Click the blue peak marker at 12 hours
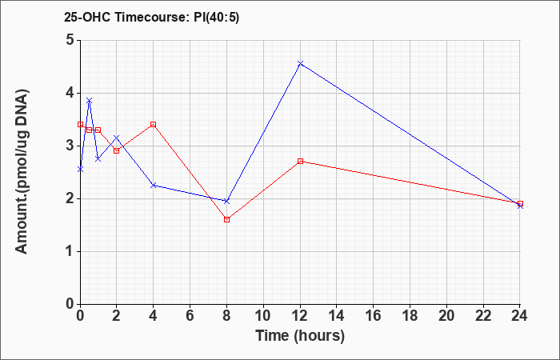tap(300, 63)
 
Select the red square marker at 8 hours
tap(226, 220)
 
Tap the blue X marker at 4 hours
tap(154, 185)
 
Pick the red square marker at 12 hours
tap(300, 162)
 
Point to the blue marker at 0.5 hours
tap(90, 100)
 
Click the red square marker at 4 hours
tap(154, 124)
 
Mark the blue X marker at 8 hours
tap(226, 202)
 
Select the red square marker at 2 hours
tap(117, 150)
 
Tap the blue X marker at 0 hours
tap(80, 170)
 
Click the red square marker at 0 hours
tap(80, 124)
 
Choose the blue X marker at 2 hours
tap(117, 138)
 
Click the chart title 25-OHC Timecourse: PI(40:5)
tap(152, 17)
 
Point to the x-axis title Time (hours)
tap(300, 336)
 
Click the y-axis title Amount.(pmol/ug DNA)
tap(22, 172)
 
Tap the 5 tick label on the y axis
tap(70, 40)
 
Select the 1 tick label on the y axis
tap(70, 251)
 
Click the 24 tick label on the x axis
tap(520, 316)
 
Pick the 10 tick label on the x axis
tap(263, 316)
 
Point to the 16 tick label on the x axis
tap(374, 316)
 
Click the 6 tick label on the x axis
tap(190, 316)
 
